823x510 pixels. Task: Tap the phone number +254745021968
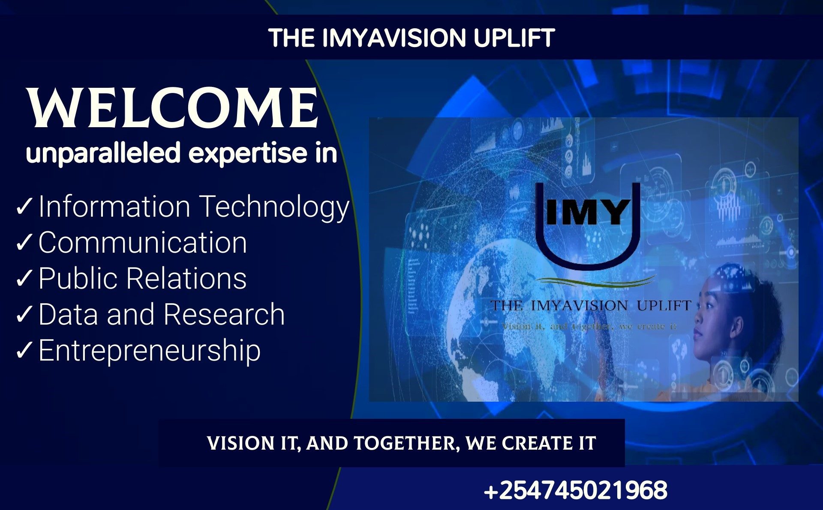click(576, 490)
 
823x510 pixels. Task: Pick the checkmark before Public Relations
click(24, 278)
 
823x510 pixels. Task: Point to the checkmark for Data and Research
click(24, 314)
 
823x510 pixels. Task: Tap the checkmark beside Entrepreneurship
click(24, 350)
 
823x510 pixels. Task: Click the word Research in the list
click(224, 314)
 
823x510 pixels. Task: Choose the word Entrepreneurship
click(150, 351)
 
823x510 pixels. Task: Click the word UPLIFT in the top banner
click(514, 38)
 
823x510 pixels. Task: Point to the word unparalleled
click(103, 153)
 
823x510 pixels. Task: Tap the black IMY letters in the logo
click(588, 212)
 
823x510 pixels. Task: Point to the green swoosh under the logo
click(596, 281)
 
